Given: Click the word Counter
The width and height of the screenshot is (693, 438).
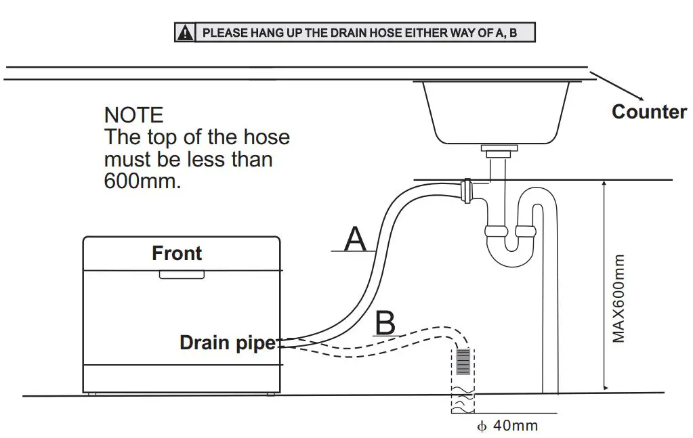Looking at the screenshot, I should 648,112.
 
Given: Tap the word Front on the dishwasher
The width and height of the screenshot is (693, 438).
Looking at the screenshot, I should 177,253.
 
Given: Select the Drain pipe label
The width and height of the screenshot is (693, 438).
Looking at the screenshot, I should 228,343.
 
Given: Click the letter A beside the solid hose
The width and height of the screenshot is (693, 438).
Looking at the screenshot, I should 356,240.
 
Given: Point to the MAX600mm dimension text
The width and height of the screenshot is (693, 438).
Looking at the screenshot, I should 618,298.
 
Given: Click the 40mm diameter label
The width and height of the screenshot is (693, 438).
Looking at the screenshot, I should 509,426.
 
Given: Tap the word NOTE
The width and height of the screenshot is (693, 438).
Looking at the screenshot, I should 134,114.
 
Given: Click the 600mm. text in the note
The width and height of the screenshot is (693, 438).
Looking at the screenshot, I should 142,181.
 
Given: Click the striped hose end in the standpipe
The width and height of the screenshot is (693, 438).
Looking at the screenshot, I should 463,362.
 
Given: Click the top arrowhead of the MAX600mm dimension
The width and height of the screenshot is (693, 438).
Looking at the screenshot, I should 604,184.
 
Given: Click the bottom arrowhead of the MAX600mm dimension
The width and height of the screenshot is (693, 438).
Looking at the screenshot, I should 604,388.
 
